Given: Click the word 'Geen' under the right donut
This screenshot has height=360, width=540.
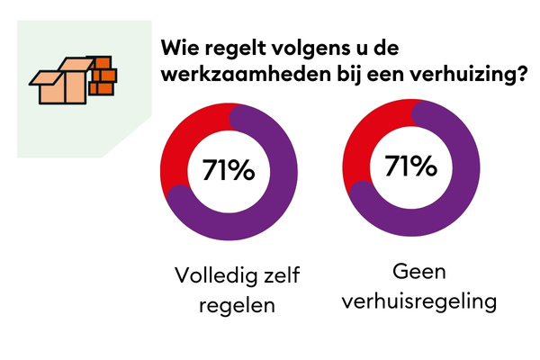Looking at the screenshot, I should (x=418, y=271).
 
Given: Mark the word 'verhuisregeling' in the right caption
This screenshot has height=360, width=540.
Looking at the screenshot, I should (x=418, y=300).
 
